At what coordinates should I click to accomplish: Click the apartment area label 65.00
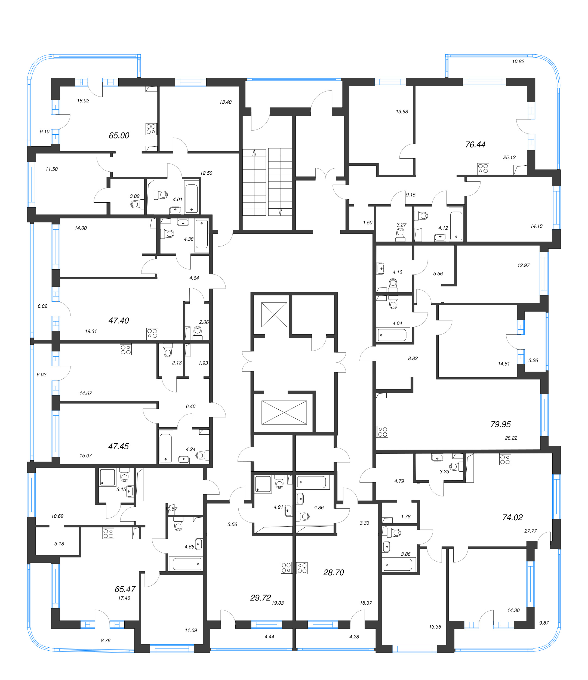pos(119,135)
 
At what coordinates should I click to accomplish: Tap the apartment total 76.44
pos(475,144)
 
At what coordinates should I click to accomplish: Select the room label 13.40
pos(225,102)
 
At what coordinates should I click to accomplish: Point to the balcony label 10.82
pos(518,61)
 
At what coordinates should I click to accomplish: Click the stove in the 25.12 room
pos(483,169)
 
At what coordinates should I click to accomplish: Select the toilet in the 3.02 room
pos(135,205)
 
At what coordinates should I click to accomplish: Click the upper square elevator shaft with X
pos(274,315)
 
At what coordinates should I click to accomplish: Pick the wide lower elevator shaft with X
pos(284,412)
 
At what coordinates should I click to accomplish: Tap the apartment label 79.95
pos(500,424)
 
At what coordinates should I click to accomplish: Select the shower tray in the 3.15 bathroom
pos(108,477)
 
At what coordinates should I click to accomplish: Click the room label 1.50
pos(367,222)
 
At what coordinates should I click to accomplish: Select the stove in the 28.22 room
pos(383,432)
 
